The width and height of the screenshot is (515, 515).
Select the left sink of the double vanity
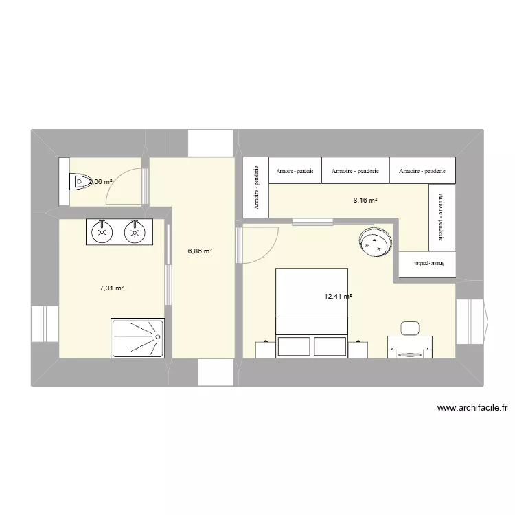pyautogui.click(x=102, y=232)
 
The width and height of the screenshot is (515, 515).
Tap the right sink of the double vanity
pyautogui.click(x=135, y=232)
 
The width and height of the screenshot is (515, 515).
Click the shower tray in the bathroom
pyautogui.click(x=137, y=338)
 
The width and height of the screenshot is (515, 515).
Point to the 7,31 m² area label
pyautogui.click(x=111, y=288)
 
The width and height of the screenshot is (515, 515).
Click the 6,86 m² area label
pyautogui.click(x=200, y=252)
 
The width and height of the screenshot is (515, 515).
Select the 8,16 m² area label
pyautogui.click(x=365, y=201)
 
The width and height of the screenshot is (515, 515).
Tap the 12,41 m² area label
pyautogui.click(x=338, y=297)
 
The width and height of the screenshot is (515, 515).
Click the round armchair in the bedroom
pyautogui.click(x=375, y=242)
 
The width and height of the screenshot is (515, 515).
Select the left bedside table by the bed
pyautogui.click(x=265, y=349)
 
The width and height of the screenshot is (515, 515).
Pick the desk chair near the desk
pyautogui.click(x=411, y=327)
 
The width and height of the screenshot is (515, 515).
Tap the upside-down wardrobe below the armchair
pyautogui.click(x=426, y=264)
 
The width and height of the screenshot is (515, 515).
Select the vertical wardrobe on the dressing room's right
pyautogui.click(x=440, y=220)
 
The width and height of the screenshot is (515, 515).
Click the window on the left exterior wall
pyautogui.click(x=43, y=323)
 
